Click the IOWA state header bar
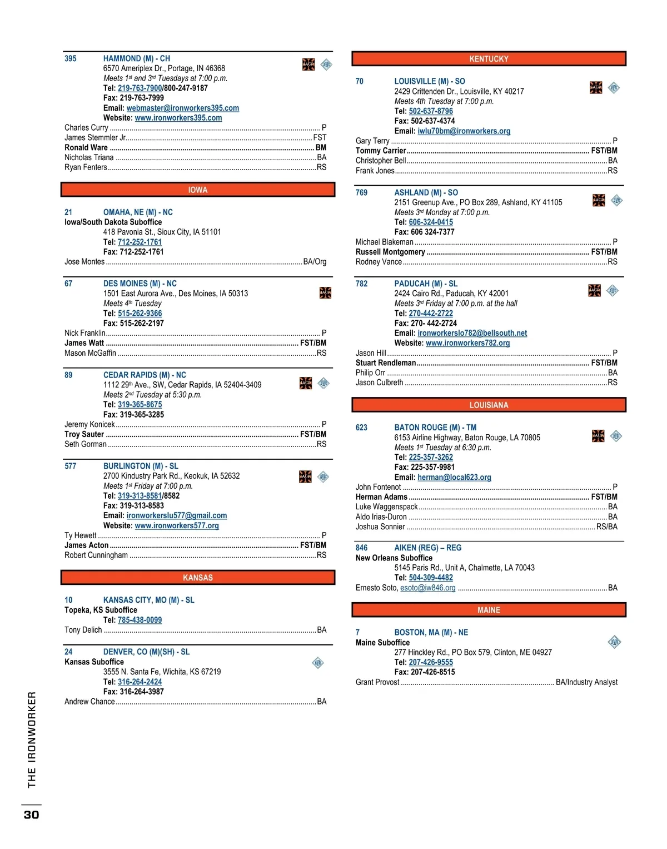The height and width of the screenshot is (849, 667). (198, 190)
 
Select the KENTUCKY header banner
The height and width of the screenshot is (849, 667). (489, 59)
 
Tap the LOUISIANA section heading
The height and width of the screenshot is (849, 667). (489, 405)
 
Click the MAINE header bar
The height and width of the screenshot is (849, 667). (489, 610)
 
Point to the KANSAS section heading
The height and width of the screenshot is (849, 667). (198, 578)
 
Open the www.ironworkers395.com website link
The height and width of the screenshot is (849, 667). (178, 118)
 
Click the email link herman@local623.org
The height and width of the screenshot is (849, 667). (454, 477)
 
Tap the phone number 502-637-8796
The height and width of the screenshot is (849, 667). (431, 111)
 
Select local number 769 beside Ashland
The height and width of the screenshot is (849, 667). (361, 193)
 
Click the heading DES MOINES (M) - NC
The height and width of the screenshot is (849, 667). (140, 284)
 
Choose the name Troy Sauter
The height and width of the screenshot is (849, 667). (84, 434)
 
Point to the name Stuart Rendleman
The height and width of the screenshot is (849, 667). (386, 363)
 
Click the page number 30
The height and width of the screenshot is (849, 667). (31, 815)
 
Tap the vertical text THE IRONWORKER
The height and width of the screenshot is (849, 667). (32, 739)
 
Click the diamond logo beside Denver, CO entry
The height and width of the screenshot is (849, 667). (318, 663)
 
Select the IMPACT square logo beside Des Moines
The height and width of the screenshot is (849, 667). (325, 292)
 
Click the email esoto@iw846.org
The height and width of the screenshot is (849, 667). (427, 588)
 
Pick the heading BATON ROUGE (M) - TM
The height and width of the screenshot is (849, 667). (435, 428)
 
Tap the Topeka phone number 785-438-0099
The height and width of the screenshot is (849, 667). (140, 620)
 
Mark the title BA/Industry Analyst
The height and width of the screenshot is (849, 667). (586, 682)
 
